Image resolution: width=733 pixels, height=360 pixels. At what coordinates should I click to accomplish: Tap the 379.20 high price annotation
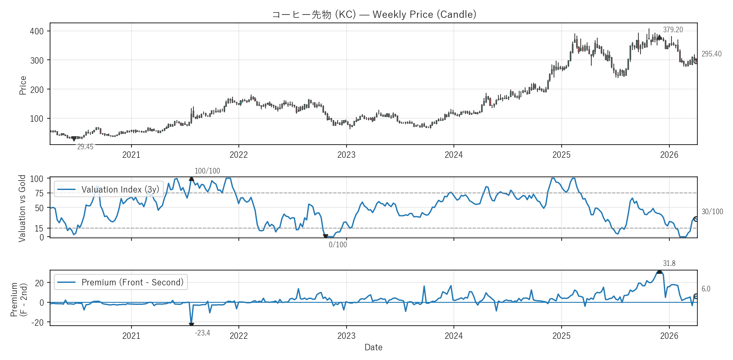tap(673, 30)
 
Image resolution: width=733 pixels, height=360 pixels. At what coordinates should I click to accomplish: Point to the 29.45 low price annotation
tap(85, 147)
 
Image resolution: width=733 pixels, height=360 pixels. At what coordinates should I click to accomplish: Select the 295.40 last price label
tap(711, 54)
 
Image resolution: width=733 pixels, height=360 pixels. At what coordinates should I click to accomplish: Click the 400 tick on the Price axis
tap(37, 31)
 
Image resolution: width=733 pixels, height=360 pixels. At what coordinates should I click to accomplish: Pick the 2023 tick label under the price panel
tap(346, 155)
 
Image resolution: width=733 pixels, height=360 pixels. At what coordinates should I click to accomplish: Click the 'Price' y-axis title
tap(23, 85)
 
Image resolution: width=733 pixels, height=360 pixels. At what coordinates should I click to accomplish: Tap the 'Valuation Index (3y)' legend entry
tap(120, 189)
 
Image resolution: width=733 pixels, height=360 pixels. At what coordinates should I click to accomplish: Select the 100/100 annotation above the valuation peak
tap(207, 171)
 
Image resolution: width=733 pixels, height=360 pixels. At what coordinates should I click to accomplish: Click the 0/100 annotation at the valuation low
tap(338, 245)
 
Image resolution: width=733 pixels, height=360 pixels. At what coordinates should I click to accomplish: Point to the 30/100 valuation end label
tap(712, 212)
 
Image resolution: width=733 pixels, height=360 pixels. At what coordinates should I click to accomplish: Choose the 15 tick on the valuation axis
tap(39, 229)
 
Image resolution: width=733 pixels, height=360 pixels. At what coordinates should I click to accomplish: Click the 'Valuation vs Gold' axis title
tap(22, 208)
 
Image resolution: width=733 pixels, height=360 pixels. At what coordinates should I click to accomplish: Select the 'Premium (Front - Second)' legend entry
tap(132, 282)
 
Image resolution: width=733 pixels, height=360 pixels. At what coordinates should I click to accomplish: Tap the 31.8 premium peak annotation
tap(669, 263)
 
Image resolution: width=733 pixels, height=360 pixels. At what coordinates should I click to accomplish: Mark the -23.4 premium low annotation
tap(202, 333)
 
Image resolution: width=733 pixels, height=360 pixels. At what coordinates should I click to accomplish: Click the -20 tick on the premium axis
tap(37, 322)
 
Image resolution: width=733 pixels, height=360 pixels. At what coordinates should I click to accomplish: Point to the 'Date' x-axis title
tap(373, 347)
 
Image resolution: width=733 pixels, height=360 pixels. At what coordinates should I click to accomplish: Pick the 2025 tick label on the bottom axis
tap(561, 336)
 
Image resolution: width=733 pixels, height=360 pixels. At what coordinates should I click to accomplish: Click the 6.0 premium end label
tap(706, 289)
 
